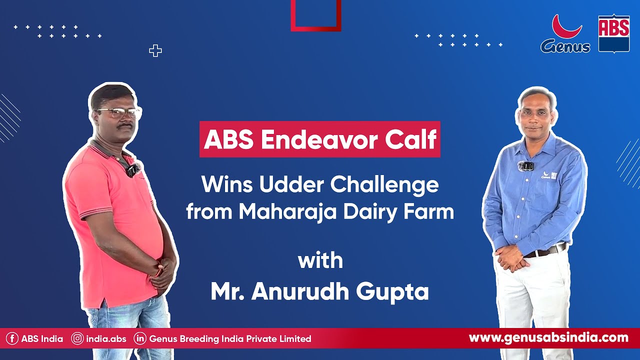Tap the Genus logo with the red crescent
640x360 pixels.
tap(565, 34)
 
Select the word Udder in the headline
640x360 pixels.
tap(291, 185)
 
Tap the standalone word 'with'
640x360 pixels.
tap(320, 261)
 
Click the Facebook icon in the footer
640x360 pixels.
tap(12, 339)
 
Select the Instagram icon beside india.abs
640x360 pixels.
tap(77, 339)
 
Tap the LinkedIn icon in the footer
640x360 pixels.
tap(140, 339)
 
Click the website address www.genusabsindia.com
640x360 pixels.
tap(548, 338)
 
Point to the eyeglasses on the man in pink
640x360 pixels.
tap(118, 113)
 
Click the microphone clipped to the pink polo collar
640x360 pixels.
tap(132, 169)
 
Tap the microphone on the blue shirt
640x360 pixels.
tap(526, 166)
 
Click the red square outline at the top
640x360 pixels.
tap(316, 15)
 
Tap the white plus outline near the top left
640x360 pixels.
tap(155, 50)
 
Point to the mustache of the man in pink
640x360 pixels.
tap(124, 126)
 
